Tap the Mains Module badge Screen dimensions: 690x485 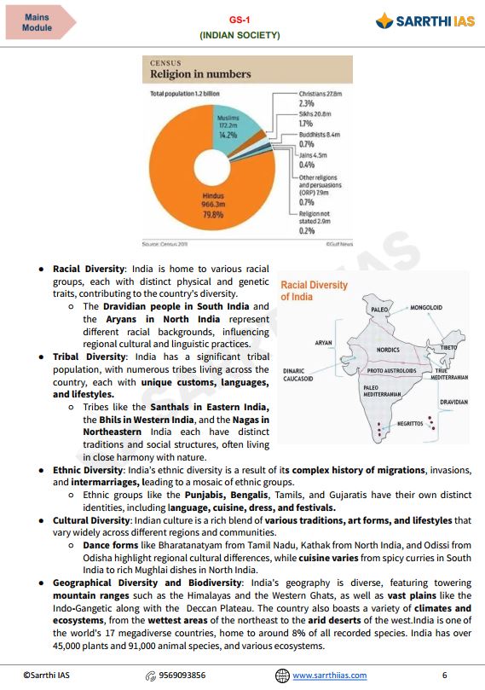coord(37,22)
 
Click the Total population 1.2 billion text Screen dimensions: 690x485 coord(185,93)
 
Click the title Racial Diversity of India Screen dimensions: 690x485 coord(315,291)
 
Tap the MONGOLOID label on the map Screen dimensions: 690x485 coord(425,306)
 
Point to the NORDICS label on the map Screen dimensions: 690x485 coord(388,350)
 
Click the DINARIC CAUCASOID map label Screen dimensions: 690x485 coord(298,374)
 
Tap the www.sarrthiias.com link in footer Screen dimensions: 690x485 coord(329,675)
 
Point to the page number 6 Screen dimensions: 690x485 coord(444,675)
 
